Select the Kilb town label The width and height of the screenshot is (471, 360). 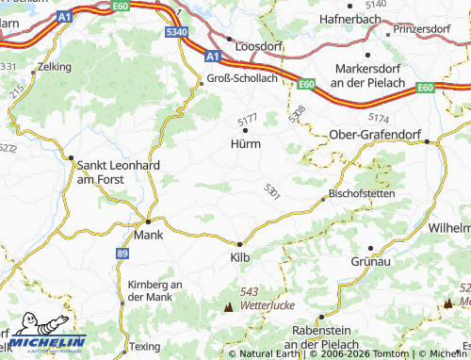pyautogui.click(x=242, y=255)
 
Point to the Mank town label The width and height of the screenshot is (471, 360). pyautogui.click(x=149, y=235)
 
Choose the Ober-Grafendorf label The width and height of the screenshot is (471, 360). pyautogui.click(x=375, y=136)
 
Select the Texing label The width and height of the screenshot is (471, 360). pyautogui.click(x=144, y=347)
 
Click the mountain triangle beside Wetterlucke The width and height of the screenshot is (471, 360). pyautogui.click(x=227, y=307)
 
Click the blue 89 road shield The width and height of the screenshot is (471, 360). pyautogui.click(x=122, y=254)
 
